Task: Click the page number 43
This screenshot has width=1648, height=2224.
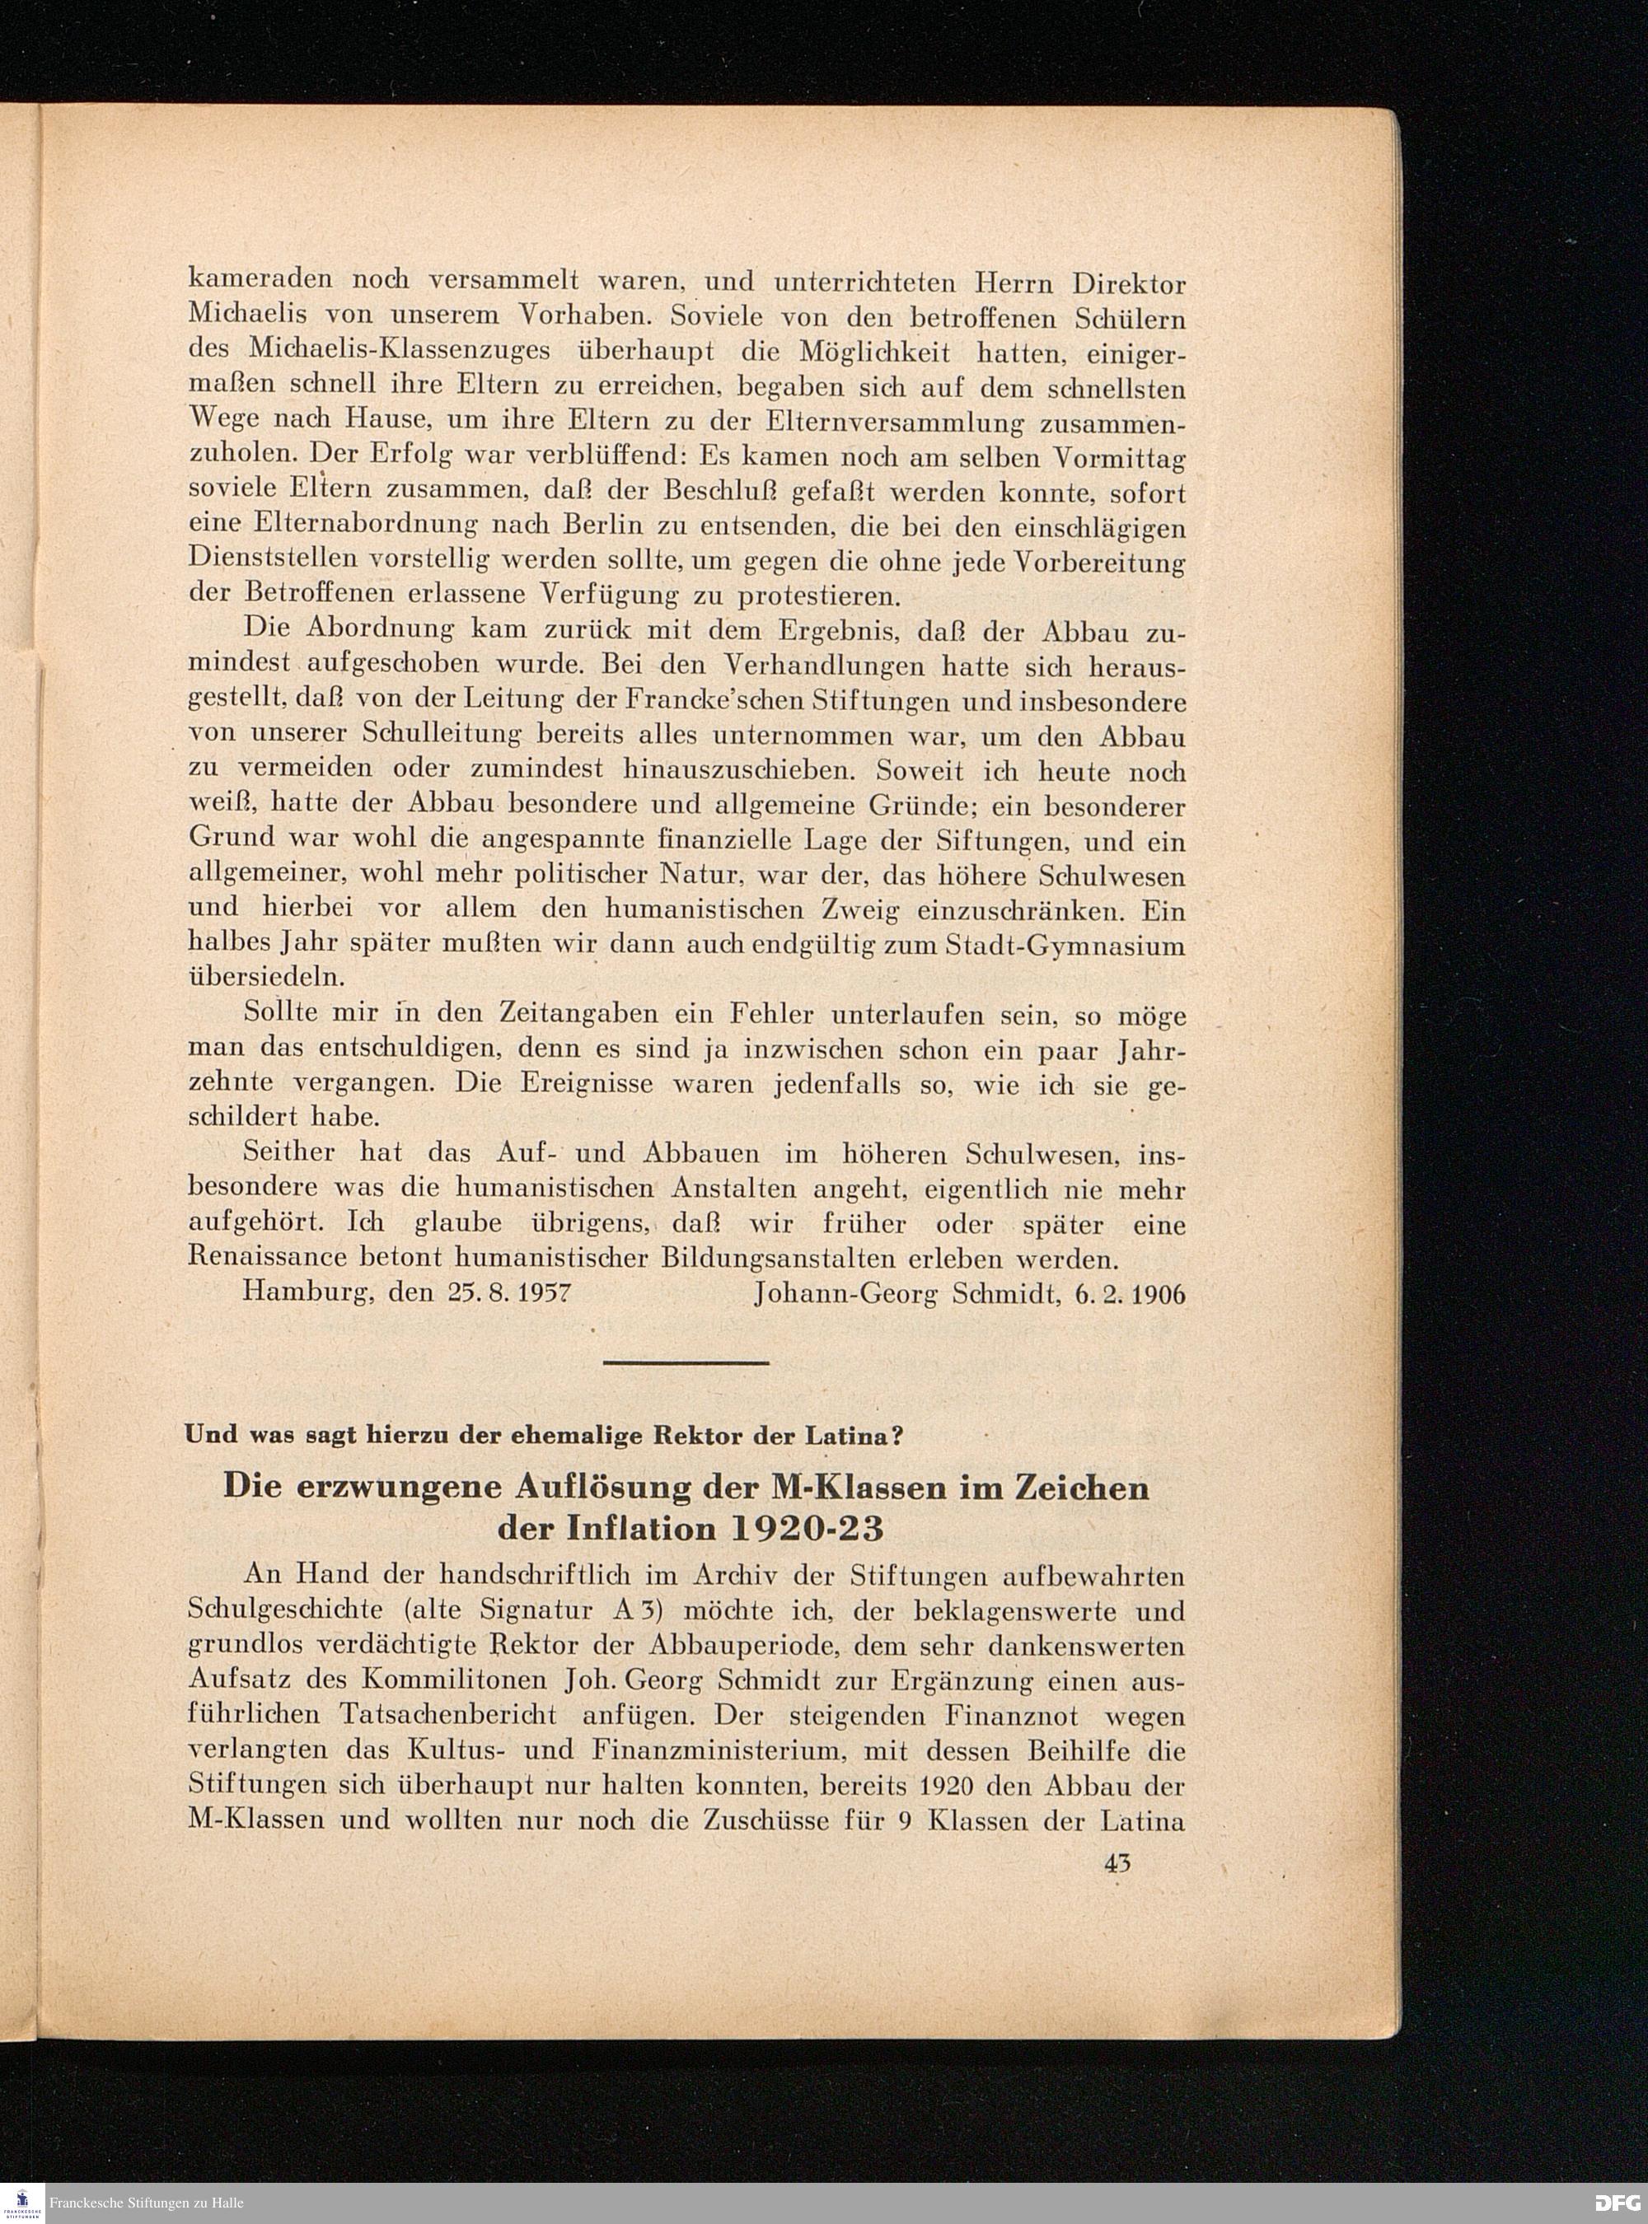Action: coord(1117,1862)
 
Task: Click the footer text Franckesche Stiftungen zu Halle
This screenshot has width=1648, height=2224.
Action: coord(147,2202)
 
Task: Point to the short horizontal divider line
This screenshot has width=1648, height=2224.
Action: coord(686,1362)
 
